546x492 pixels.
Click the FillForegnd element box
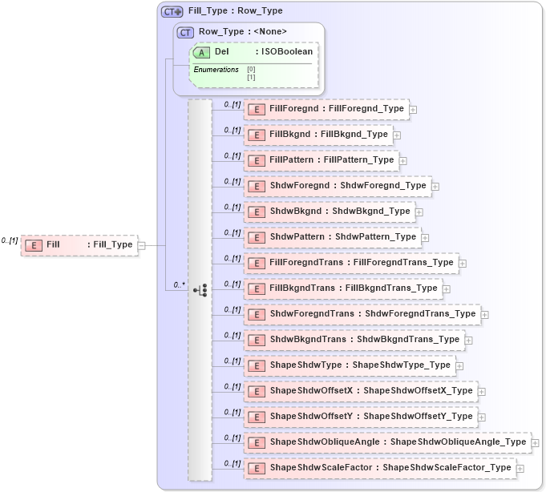(x=326, y=108)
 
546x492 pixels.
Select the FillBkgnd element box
(x=317, y=134)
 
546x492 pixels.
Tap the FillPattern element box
(x=321, y=159)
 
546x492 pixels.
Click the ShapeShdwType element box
(x=350, y=365)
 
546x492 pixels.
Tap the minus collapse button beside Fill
(x=141, y=245)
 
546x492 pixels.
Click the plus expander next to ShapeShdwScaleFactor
(x=520, y=468)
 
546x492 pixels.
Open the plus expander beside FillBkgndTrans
(x=447, y=288)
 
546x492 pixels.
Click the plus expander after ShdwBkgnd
(x=419, y=212)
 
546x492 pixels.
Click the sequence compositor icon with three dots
(x=200, y=290)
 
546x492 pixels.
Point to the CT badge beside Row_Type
(x=185, y=32)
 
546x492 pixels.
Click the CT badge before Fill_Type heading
(x=172, y=12)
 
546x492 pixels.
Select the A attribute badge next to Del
(x=202, y=52)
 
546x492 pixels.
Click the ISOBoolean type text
(x=286, y=52)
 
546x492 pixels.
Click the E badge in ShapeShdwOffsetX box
(x=257, y=391)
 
